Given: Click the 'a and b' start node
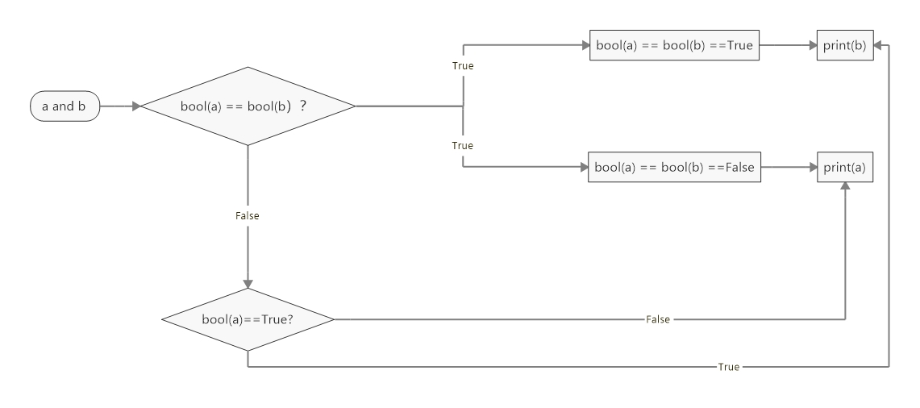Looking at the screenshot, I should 64,106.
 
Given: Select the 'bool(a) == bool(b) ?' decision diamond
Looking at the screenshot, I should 248,106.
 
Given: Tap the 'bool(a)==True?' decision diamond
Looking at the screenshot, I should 248,319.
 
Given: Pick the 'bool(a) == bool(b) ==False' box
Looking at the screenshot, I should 674,167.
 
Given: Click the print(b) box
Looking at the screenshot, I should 845,45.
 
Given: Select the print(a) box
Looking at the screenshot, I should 845,167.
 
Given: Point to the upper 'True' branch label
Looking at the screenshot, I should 463,65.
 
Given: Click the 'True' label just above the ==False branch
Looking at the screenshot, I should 463,146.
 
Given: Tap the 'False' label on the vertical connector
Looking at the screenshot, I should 248,216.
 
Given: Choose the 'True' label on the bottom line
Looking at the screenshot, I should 729,367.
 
